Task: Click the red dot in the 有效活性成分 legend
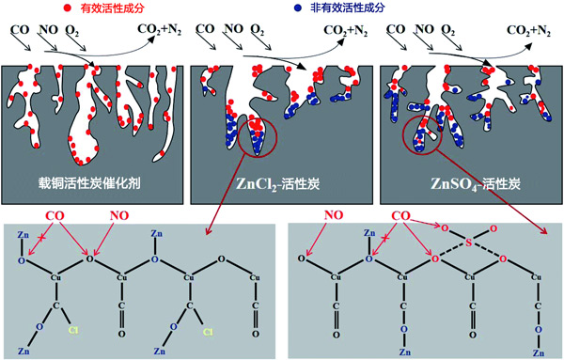point(67,8)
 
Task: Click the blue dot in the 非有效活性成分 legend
point(297,8)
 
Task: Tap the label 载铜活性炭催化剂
point(89,183)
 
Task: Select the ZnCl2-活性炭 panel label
point(278,184)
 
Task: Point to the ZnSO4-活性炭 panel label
point(476,184)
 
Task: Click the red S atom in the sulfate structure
point(468,243)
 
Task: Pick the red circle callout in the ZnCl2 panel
point(258,137)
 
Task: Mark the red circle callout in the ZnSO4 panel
point(421,134)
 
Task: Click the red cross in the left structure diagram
point(42,238)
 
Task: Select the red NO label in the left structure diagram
point(119,216)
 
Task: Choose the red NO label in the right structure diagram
point(334,215)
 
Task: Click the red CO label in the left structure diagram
point(55,216)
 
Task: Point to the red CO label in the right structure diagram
point(400,216)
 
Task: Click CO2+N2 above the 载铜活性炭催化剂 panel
point(160,29)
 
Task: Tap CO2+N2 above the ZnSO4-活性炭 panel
point(528,31)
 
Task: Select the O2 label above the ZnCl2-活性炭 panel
point(258,30)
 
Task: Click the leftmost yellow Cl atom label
point(73,330)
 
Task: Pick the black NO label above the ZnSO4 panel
point(425,29)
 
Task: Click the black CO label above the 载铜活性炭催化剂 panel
point(20,29)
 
